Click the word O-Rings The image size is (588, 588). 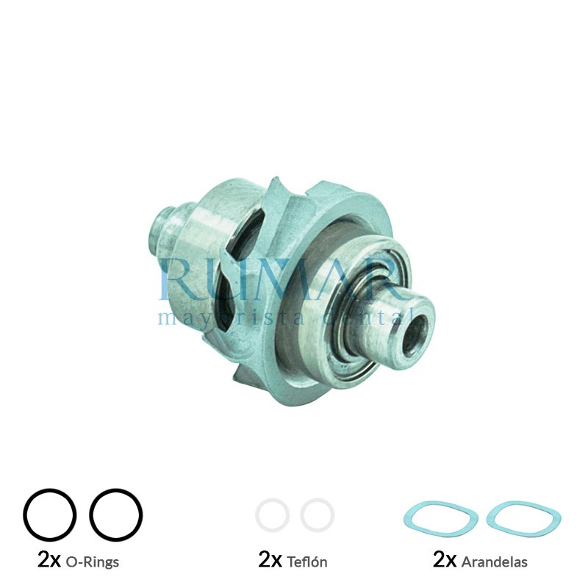pyautogui.click(x=92, y=562)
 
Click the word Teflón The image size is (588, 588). pyautogui.click(x=307, y=562)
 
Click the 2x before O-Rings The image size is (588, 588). pyautogui.click(x=49, y=561)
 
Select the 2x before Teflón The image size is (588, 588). pyautogui.click(x=270, y=561)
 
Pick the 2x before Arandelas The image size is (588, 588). pyautogui.click(x=445, y=561)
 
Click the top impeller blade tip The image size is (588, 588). pyautogui.click(x=276, y=184)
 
